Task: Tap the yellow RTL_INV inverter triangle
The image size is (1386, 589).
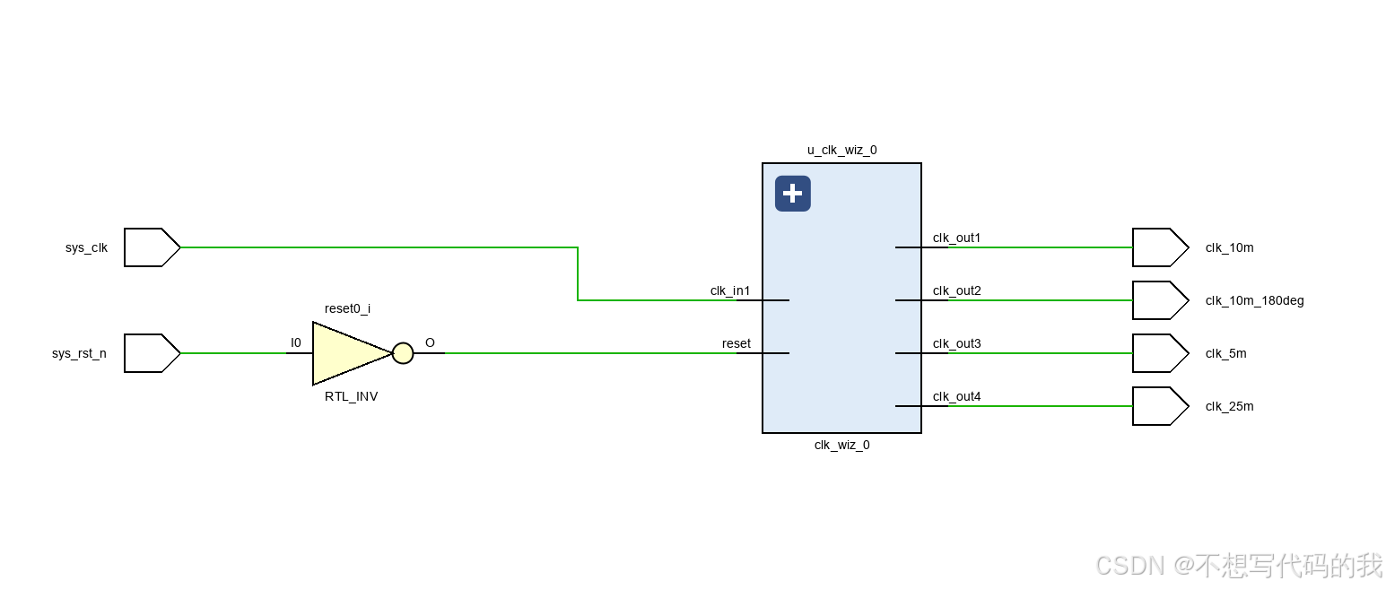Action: [x=345, y=353]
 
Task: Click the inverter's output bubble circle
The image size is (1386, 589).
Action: [x=403, y=353]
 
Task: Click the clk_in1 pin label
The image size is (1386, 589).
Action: [x=730, y=290]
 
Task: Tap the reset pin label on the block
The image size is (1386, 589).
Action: [x=737, y=343]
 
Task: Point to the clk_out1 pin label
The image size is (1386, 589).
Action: [x=956, y=238]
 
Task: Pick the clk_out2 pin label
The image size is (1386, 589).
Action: [x=956, y=290]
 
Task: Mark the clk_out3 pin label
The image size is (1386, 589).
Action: [x=956, y=343]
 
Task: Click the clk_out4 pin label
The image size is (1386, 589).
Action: [x=956, y=396]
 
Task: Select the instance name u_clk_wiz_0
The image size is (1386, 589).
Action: [x=841, y=150]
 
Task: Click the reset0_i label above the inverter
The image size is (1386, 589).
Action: [x=347, y=308]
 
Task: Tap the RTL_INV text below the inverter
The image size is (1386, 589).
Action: [x=351, y=396]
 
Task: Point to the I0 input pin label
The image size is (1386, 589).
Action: [x=296, y=342]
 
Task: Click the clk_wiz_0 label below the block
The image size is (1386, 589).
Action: [x=841, y=445]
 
